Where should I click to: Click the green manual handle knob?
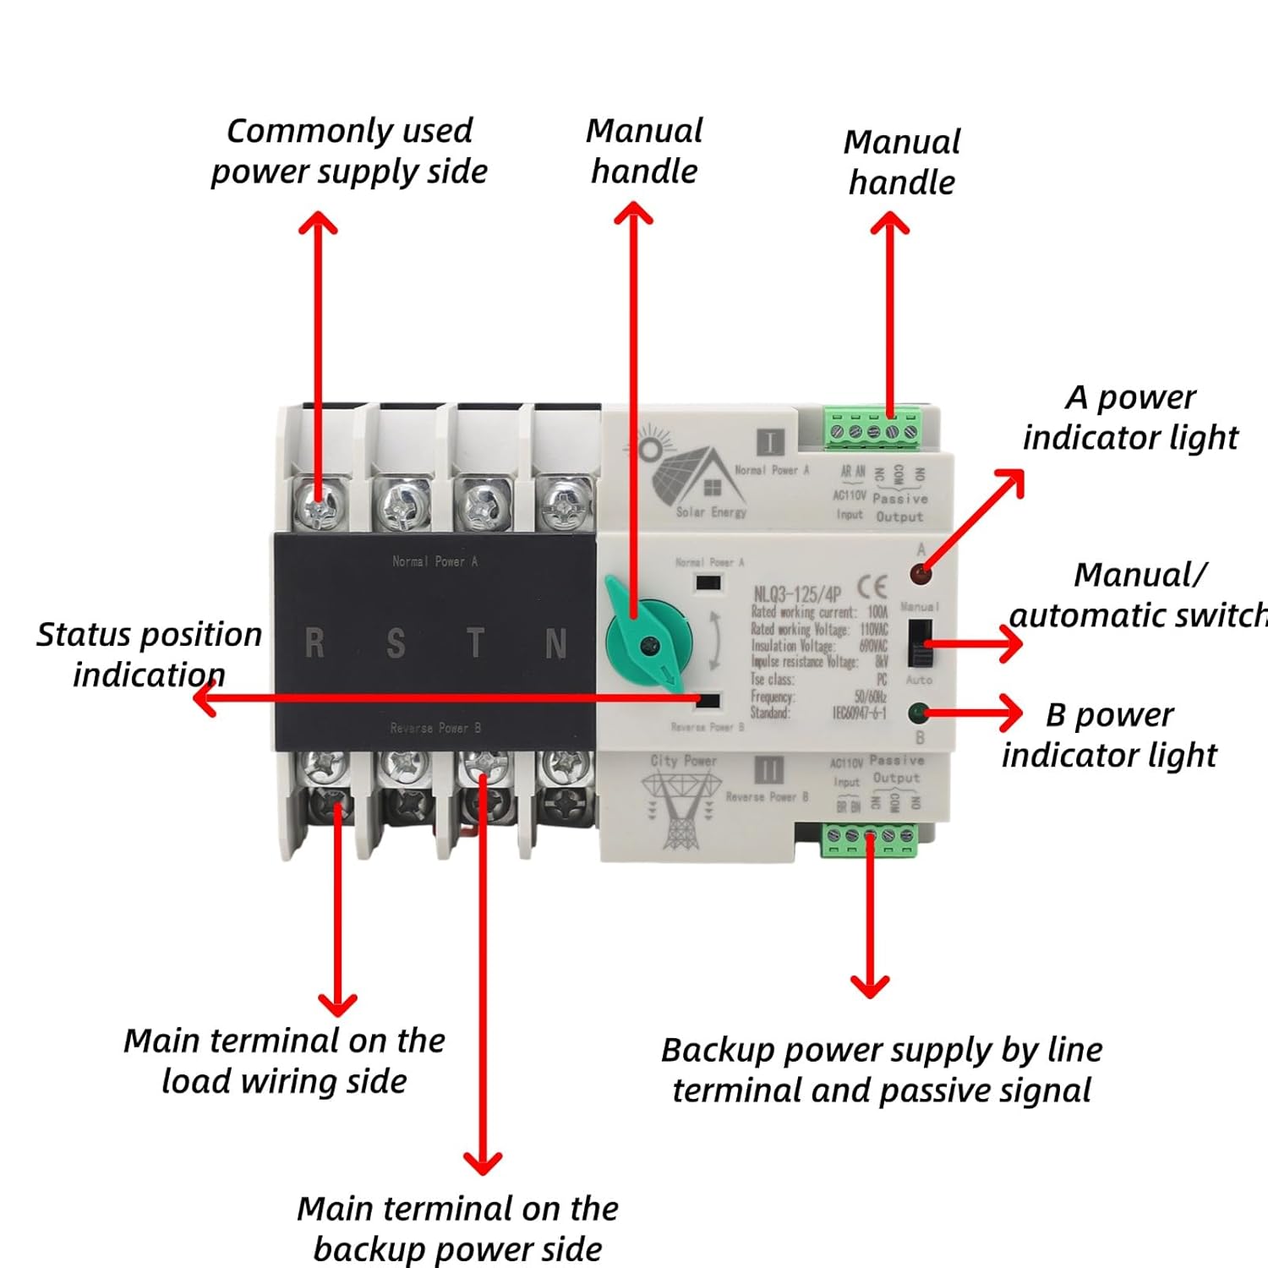[x=648, y=644]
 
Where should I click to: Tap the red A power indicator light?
[x=920, y=575]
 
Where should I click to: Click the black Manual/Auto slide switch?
[x=920, y=643]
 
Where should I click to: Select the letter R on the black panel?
[x=314, y=644]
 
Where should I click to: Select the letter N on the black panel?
[x=555, y=644]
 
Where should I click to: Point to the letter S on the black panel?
[x=395, y=644]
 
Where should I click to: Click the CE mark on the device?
[x=872, y=586]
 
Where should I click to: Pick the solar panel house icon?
[x=689, y=473]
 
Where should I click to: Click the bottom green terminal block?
[x=870, y=839]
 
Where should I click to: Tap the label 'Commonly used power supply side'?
[x=348, y=151]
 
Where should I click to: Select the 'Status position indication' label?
[x=149, y=654]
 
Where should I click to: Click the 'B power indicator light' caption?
[x=1109, y=735]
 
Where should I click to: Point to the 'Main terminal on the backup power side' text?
[x=457, y=1228]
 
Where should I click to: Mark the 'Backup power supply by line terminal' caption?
[x=882, y=1069]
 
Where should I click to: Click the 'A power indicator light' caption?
[x=1130, y=417]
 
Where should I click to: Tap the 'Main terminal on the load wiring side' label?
[x=284, y=1061]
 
